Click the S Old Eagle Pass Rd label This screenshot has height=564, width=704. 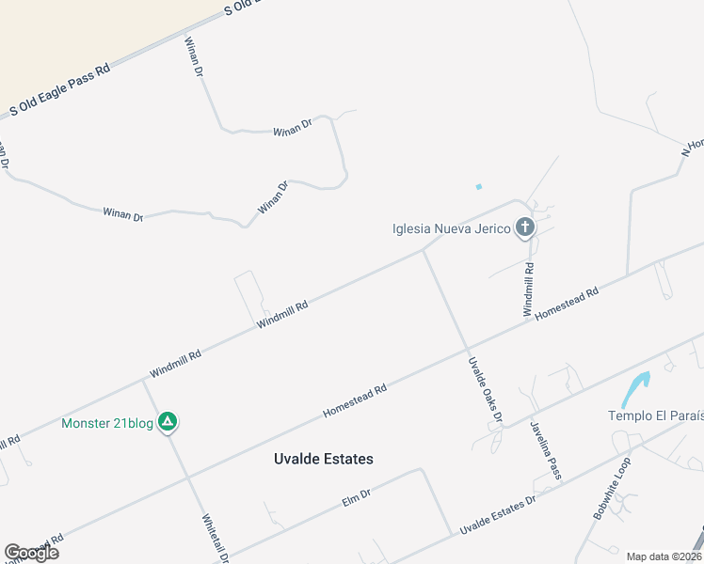tap(60, 90)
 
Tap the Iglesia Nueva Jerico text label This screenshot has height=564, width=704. tap(452, 227)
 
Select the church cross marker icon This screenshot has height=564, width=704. tap(525, 227)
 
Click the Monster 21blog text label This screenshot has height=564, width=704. tap(107, 423)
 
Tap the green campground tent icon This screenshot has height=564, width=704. tap(167, 422)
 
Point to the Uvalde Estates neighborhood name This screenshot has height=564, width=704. tap(323, 459)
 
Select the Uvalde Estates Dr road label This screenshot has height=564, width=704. tap(497, 516)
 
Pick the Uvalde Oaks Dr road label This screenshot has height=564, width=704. tap(486, 389)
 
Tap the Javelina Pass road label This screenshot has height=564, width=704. tap(545, 449)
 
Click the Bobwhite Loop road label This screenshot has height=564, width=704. tap(611, 489)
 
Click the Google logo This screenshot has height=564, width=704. tap(31, 552)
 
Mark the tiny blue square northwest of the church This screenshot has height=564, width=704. tap(478, 186)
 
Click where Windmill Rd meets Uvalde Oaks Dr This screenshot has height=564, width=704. tap(423, 251)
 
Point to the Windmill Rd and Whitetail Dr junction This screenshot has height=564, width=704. tap(143, 382)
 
